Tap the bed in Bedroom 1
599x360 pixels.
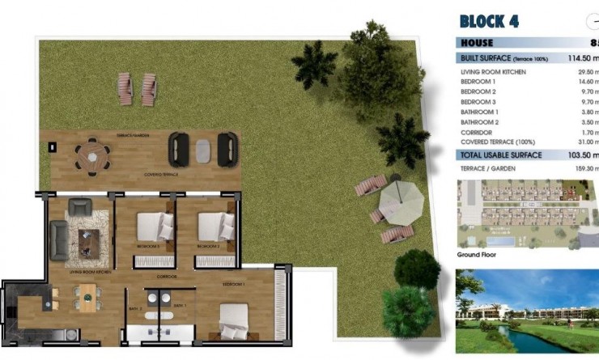234,320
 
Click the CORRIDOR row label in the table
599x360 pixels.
478,132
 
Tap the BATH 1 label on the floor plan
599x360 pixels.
179,305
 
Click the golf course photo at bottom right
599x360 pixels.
526,311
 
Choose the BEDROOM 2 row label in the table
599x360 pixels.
478,92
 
